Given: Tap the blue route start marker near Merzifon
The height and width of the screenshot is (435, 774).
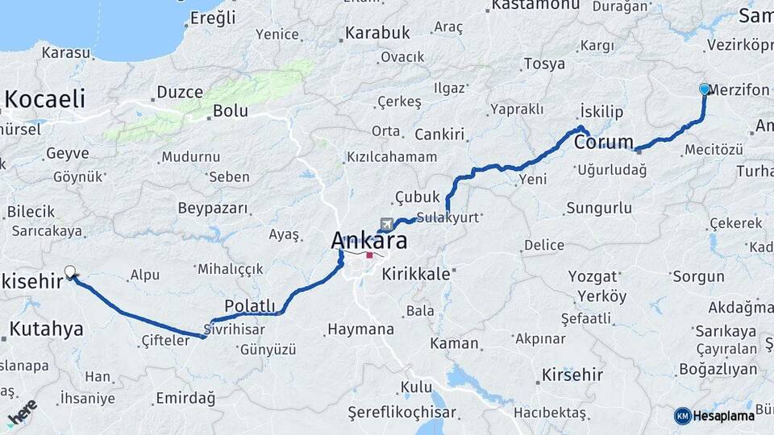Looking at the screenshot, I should [705, 89].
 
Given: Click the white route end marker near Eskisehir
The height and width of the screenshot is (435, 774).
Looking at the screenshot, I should [70, 272].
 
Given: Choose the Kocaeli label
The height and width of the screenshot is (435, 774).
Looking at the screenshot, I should [44, 100].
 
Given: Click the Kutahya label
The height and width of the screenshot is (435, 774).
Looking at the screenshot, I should [46, 329].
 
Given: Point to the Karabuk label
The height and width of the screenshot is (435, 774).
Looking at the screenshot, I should [377, 34].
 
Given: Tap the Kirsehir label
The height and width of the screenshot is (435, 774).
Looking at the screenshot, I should [572, 375].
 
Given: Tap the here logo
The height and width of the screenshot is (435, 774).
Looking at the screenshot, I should [22, 412].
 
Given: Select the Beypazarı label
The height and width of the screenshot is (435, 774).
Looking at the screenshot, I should [213, 209].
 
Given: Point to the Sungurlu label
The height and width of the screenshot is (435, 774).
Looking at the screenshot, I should [599, 209].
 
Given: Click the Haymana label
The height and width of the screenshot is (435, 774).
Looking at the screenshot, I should [360, 329].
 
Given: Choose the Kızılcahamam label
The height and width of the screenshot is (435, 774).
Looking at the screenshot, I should [392, 157].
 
